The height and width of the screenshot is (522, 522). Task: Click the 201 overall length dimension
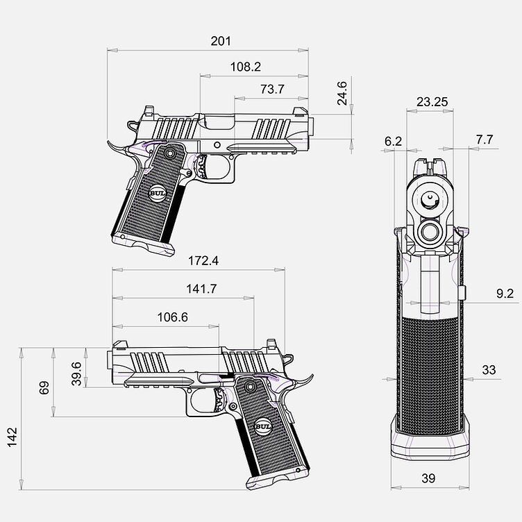click(x=221, y=41)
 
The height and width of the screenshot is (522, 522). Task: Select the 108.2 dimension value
click(x=246, y=67)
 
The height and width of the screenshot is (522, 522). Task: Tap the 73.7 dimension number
click(x=272, y=90)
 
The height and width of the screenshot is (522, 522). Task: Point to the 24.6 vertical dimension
click(x=342, y=94)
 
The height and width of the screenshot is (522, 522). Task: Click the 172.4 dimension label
click(x=203, y=261)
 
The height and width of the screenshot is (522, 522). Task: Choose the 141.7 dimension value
click(x=201, y=289)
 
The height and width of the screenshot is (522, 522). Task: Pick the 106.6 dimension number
click(x=172, y=317)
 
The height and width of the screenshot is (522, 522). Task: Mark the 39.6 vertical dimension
click(x=76, y=374)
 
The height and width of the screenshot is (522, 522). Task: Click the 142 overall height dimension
click(x=12, y=437)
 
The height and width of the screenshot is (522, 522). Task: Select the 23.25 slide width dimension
click(x=432, y=102)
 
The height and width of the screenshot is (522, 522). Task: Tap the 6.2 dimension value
click(x=393, y=142)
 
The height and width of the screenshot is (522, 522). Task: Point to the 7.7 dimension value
click(x=484, y=140)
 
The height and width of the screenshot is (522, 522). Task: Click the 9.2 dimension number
click(x=505, y=294)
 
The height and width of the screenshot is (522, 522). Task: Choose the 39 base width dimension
click(x=428, y=478)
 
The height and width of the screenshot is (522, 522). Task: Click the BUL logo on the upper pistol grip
click(x=158, y=194)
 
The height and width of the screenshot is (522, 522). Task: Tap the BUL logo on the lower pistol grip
click(x=263, y=427)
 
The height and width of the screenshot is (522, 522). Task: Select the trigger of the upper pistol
click(x=202, y=166)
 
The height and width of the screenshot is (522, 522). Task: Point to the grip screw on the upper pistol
click(x=170, y=153)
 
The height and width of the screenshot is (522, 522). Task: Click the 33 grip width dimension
click(x=489, y=370)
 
